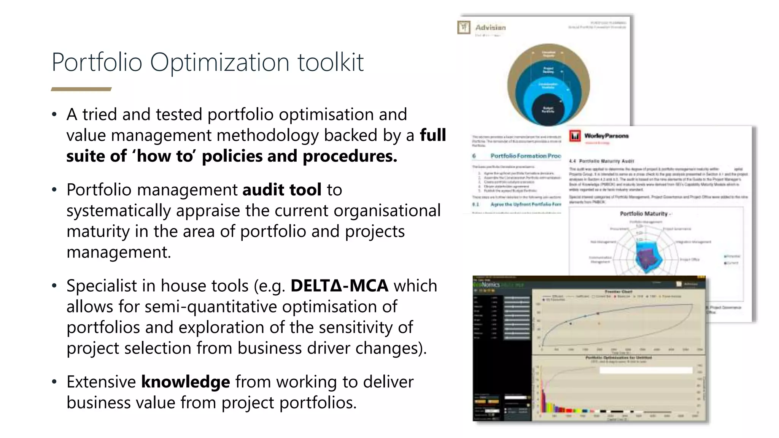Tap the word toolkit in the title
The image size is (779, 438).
click(x=330, y=62)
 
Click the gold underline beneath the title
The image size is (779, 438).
click(x=81, y=89)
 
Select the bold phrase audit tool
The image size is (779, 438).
click(x=281, y=190)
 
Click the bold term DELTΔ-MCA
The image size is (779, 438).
click(x=339, y=286)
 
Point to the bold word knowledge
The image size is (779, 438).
click(x=185, y=382)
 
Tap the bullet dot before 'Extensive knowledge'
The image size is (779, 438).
click(x=54, y=382)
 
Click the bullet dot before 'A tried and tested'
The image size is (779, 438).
click(x=54, y=114)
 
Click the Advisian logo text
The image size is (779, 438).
click(x=490, y=27)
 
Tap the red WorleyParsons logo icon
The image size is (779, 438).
click(x=575, y=136)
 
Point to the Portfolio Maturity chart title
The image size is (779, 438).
click(x=644, y=214)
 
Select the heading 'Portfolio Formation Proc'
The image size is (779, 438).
click(x=525, y=156)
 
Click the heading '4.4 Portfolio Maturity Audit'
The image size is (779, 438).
click(x=601, y=161)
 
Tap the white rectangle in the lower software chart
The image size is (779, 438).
click(x=645, y=370)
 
